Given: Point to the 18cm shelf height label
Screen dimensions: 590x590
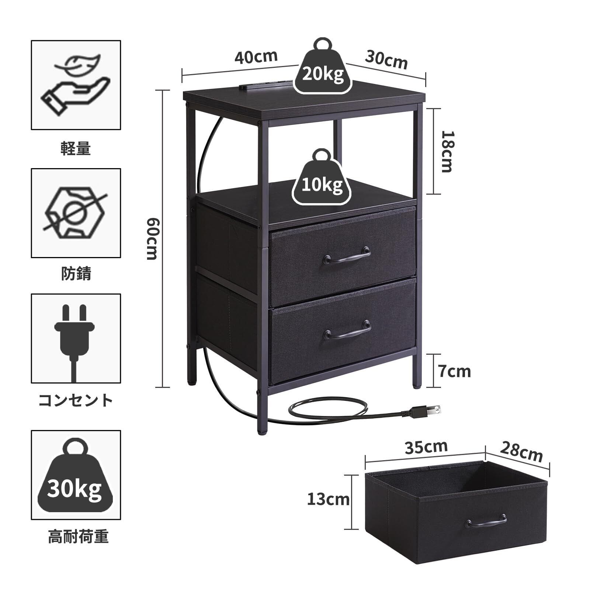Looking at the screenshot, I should coord(447,151).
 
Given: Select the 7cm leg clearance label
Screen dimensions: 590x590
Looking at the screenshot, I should coord(455,372).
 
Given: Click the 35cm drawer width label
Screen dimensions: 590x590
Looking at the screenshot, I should coord(426,447).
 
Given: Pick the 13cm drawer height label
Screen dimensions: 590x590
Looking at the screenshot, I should coord(328,500).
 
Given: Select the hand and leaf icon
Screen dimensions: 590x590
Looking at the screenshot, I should coord(76,85).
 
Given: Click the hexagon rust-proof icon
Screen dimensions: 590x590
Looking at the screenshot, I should coord(76,213).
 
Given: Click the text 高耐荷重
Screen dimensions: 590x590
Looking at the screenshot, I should coord(78,537).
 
